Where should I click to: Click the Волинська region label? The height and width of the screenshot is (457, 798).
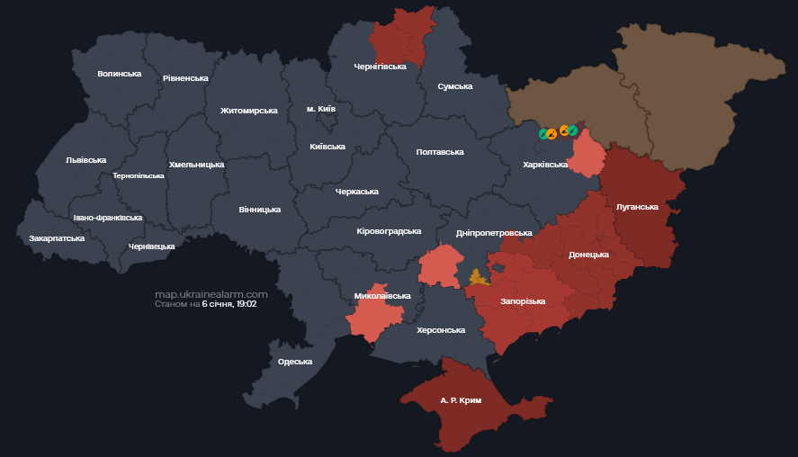pos(119,74)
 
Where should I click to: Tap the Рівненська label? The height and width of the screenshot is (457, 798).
pos(185,78)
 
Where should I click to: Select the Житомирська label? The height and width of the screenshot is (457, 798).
pos(248,111)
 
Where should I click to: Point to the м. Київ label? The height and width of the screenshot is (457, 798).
pos(320,109)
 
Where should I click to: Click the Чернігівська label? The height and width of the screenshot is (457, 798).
pos(380,67)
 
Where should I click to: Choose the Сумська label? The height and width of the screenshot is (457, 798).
pos(454,86)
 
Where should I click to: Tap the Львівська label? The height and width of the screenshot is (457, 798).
pos(85,160)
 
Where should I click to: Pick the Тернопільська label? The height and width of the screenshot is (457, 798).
pos(139,175)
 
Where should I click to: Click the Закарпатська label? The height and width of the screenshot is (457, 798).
pos(57,238)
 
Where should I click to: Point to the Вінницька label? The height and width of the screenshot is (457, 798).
pos(259,210)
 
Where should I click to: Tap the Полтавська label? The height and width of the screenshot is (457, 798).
pos(440,152)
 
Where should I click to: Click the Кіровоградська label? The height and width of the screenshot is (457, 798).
pos(389,231)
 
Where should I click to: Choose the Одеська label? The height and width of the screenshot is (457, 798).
pos(295,362)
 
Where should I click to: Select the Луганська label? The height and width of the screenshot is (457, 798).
pos(637,207)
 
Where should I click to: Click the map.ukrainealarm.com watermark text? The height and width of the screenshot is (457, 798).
pos(211,294)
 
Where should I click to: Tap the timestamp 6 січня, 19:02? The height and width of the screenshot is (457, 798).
pos(229,304)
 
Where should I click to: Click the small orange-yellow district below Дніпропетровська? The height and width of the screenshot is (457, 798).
pos(479,277)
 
